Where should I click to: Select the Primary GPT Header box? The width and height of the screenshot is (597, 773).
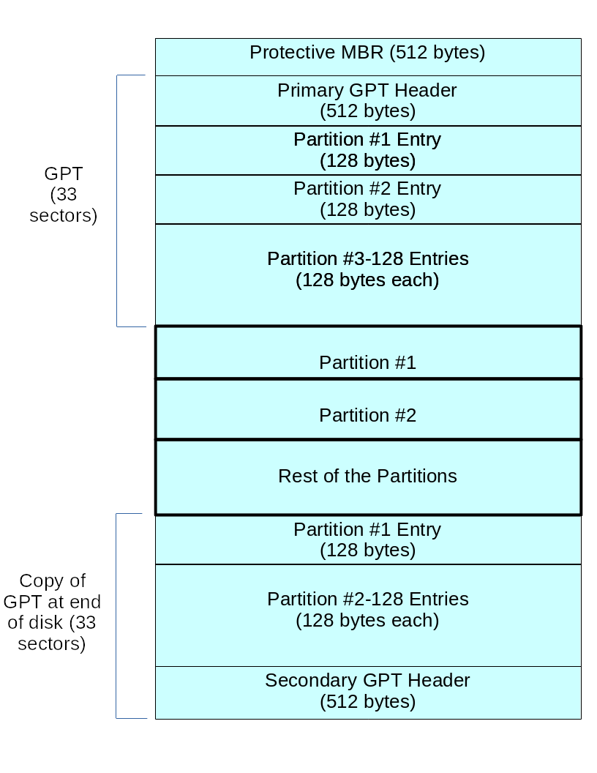click(x=367, y=100)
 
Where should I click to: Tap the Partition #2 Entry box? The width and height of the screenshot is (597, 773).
click(x=367, y=199)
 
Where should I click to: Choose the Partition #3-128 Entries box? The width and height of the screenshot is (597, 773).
click(x=367, y=275)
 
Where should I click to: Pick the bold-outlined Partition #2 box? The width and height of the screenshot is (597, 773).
click(x=367, y=409)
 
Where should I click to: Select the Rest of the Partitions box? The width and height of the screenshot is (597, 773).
click(x=367, y=477)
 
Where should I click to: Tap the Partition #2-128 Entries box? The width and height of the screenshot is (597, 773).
click(x=367, y=615)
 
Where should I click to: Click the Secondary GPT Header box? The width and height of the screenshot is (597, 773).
click(x=367, y=692)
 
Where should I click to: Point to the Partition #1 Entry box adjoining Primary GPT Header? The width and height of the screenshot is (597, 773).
click(x=367, y=150)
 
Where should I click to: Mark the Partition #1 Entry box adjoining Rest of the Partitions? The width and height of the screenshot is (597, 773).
click(x=367, y=539)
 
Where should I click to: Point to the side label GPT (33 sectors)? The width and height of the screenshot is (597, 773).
click(x=63, y=195)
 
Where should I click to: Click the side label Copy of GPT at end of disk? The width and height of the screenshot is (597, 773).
click(x=52, y=612)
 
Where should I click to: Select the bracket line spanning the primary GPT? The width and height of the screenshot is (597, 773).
click(x=117, y=201)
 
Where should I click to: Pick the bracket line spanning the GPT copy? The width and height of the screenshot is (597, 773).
click(x=116, y=616)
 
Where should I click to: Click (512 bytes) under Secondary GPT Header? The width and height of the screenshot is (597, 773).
click(x=367, y=702)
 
